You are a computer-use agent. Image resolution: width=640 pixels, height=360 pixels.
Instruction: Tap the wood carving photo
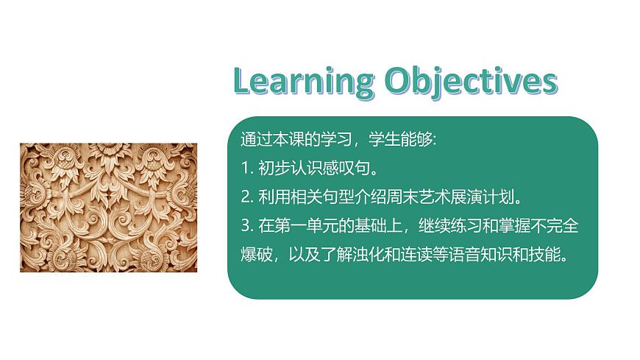tap(108, 208)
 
